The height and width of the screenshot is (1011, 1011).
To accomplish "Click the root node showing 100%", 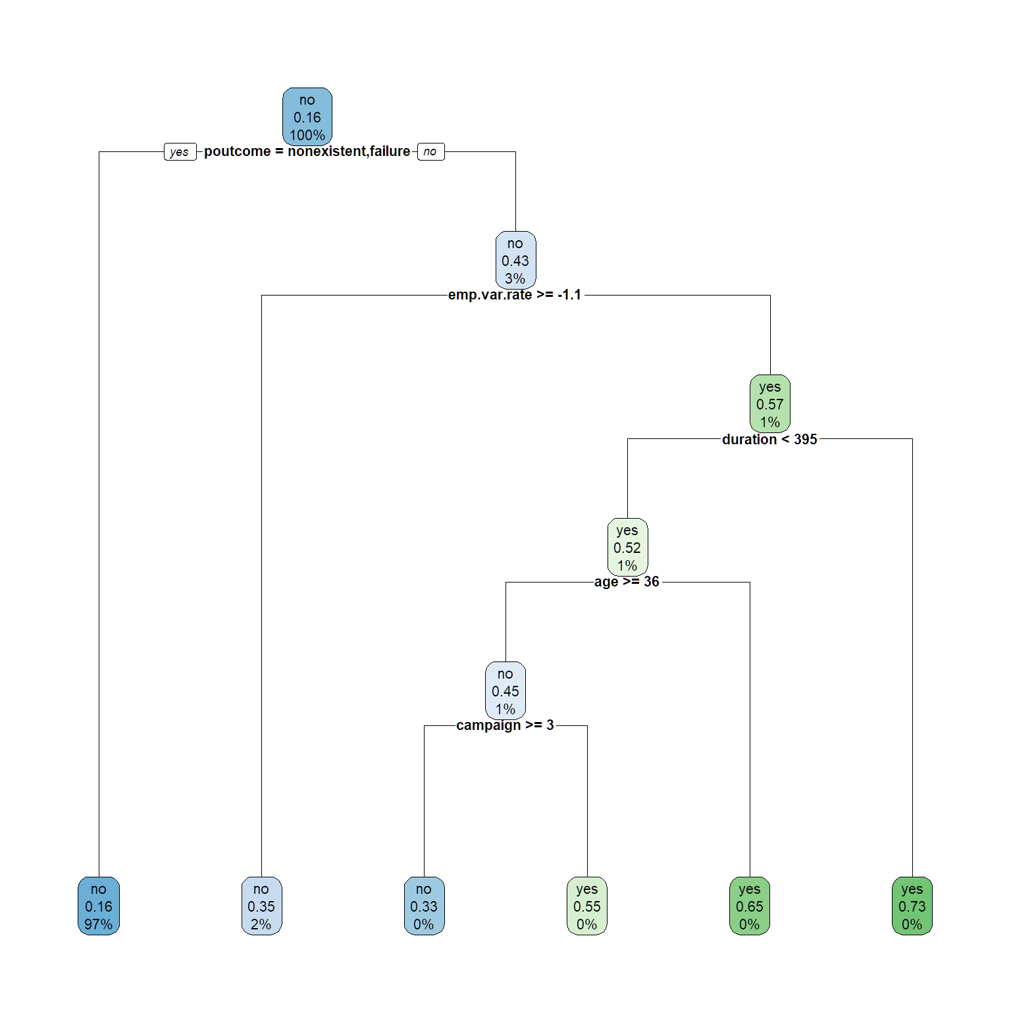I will click(307, 117).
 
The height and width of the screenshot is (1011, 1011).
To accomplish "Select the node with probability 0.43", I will click(515, 261).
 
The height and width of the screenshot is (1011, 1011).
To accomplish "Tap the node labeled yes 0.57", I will click(770, 404).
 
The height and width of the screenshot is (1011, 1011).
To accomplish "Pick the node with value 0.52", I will click(627, 548).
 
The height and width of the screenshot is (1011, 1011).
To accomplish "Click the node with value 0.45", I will click(505, 691).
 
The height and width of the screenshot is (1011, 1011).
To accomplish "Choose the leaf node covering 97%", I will click(99, 906).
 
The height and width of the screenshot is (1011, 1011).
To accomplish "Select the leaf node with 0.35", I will click(261, 906).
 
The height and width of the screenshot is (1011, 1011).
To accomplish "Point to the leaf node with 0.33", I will click(424, 906).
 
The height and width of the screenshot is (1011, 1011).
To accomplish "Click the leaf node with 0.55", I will click(587, 906).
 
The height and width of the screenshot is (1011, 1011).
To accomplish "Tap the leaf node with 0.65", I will click(750, 906).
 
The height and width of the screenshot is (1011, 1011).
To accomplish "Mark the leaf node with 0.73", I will click(912, 906).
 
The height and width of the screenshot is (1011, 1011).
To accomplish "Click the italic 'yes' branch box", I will click(180, 152).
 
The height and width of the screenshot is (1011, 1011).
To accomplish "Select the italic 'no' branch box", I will click(430, 152).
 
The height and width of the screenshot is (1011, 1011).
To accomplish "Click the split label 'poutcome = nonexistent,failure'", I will click(307, 151).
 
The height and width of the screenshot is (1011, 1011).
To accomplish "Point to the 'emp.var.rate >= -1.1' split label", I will click(515, 295).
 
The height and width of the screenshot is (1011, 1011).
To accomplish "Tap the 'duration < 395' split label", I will click(769, 440).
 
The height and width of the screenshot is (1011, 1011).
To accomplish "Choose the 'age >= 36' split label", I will click(627, 582).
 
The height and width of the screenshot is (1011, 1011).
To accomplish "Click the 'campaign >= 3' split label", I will click(505, 725).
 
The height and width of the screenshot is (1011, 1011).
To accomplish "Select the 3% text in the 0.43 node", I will click(515, 278).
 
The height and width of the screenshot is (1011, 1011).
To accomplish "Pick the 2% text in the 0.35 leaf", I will click(261, 924).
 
